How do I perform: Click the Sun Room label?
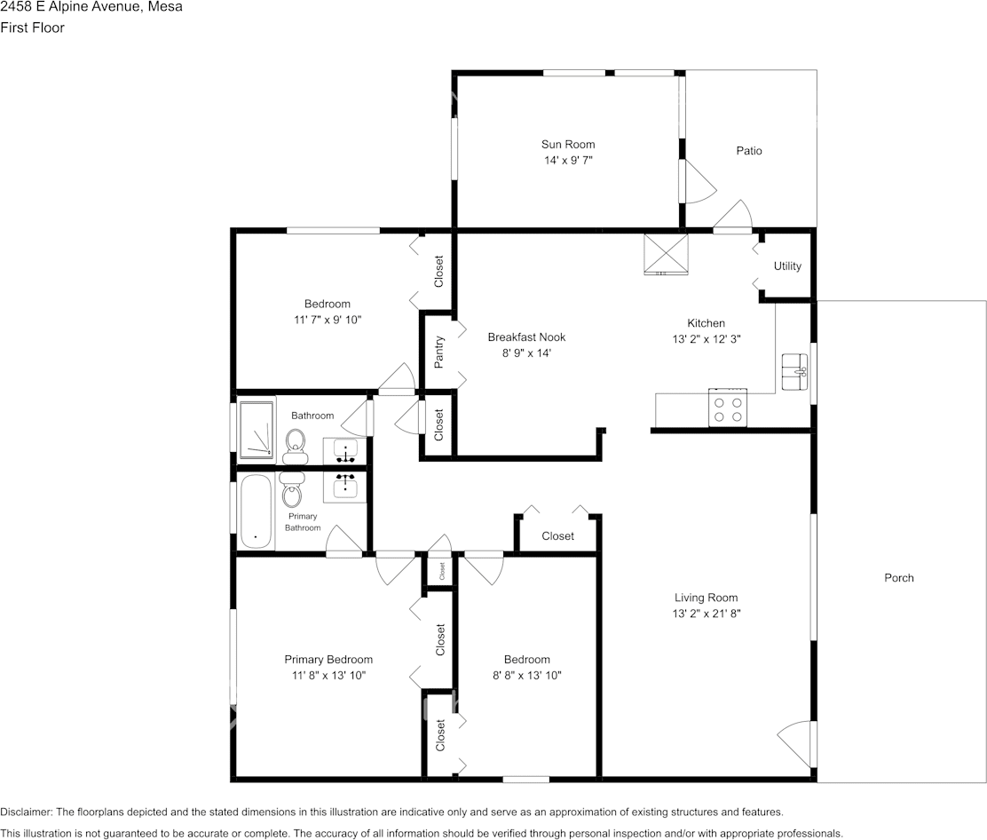[x=568, y=144]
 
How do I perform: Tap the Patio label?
[x=749, y=151]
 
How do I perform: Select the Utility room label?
[x=787, y=266]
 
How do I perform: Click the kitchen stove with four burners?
[x=728, y=408]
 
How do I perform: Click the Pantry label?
[x=438, y=353]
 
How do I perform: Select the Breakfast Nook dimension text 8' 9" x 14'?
[x=526, y=353]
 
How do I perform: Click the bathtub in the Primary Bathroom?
[x=257, y=512]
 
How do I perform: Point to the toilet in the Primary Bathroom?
[x=291, y=490]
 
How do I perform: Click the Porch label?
[x=898, y=578]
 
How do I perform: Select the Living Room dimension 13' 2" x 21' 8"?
[x=706, y=614]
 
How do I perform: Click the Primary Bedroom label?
[x=328, y=660]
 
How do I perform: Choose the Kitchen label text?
[x=706, y=323]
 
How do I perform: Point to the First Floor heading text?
[x=32, y=28]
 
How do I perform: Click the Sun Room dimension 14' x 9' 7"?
[x=568, y=161]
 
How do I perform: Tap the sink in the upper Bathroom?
[x=345, y=451]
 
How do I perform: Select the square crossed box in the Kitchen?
[x=666, y=253]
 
